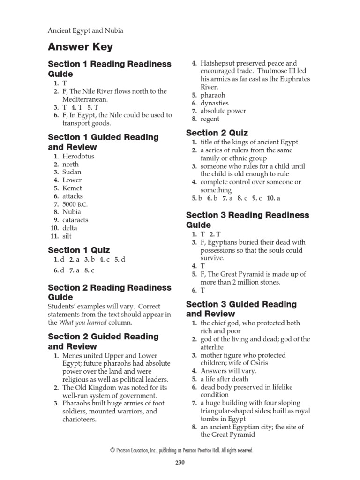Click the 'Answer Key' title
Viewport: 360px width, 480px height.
pos(80,47)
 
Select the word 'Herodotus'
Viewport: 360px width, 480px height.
pos(78,156)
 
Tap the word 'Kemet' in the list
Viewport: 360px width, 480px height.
pos(72,188)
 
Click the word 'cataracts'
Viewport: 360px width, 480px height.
pos(75,220)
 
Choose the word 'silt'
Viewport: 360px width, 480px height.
pos(67,236)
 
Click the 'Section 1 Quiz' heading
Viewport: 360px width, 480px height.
pos(79,250)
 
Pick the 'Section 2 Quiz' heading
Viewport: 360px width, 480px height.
pos(217,133)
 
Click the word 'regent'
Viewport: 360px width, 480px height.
pos(210,119)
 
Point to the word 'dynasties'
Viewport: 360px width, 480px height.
pos(215,103)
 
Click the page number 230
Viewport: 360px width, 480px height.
pos(180,462)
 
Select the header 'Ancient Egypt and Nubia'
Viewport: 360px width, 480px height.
pos(86,31)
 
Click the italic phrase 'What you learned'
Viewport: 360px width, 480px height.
pos(83,322)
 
